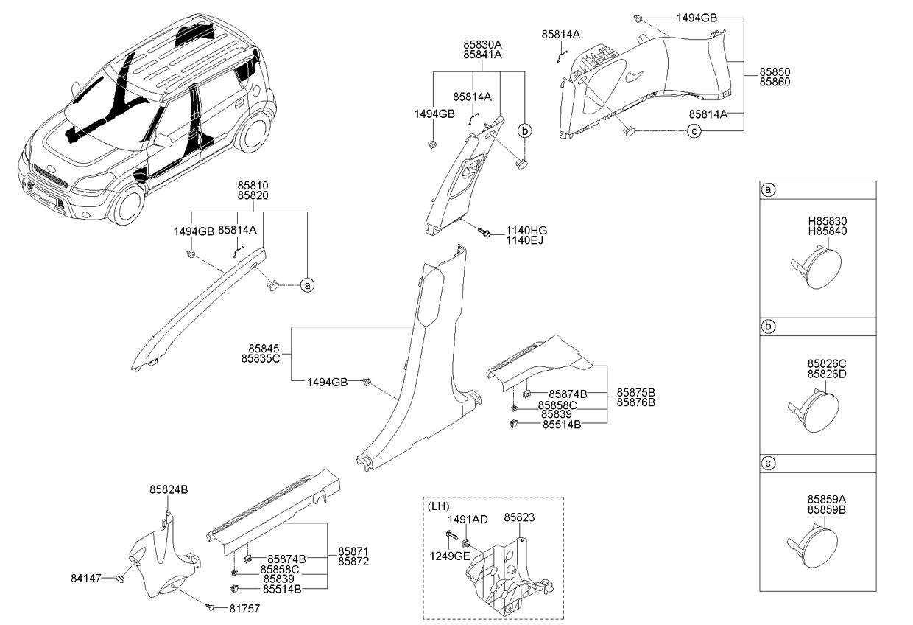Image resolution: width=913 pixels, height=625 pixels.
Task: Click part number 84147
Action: (x=86, y=578)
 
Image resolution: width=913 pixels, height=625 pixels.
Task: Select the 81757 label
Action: (x=244, y=609)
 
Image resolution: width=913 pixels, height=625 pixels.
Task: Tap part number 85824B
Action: (x=169, y=489)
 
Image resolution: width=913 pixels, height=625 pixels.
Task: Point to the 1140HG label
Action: (x=526, y=231)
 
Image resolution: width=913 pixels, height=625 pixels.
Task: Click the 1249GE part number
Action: (x=450, y=556)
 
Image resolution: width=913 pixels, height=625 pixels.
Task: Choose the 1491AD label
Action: (x=468, y=520)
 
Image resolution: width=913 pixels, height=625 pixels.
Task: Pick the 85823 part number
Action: (x=519, y=517)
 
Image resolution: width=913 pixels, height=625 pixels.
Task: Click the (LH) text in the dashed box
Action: (x=439, y=506)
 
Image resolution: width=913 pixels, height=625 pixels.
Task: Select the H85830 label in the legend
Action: (x=828, y=221)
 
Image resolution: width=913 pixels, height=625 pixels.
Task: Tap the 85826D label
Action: (x=827, y=374)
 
